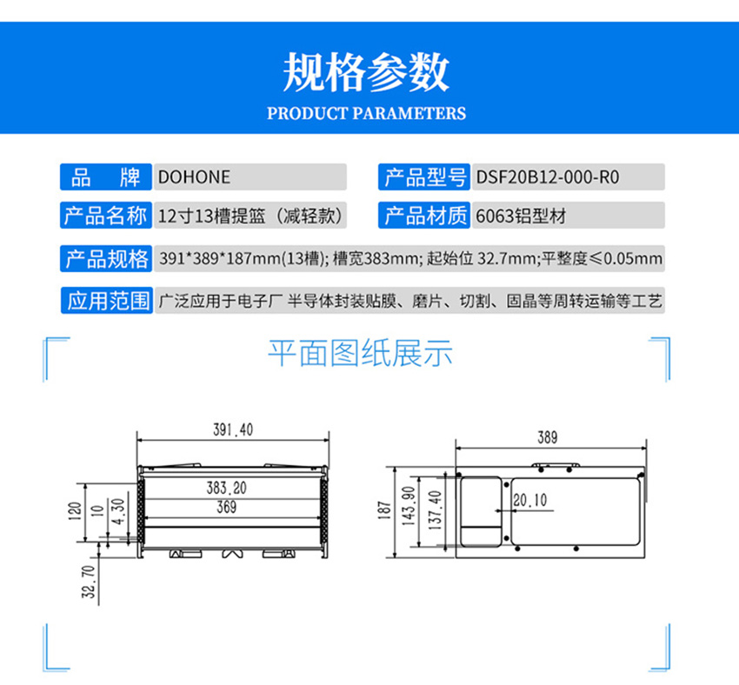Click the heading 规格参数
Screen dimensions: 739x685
pyautogui.click(x=366, y=72)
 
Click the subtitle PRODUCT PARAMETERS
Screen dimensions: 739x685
pyautogui.click(x=366, y=114)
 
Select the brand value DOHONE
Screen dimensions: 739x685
pyautogui.click(x=194, y=177)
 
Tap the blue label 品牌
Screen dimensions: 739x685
pyautogui.click(x=105, y=177)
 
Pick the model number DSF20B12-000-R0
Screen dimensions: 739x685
pyautogui.click(x=548, y=177)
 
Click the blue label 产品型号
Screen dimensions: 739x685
pyautogui.click(x=424, y=177)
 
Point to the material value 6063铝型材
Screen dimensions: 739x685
pyautogui.click(x=521, y=216)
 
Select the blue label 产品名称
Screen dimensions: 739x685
pyautogui.click(x=105, y=216)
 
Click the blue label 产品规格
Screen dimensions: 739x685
pyautogui.click(x=106, y=259)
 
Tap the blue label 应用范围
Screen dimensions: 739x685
pyautogui.click(x=107, y=301)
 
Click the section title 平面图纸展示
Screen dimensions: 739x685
pyautogui.click(x=360, y=353)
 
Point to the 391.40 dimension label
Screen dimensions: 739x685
pyautogui.click(x=233, y=429)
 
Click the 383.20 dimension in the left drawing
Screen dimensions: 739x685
pyautogui.click(x=226, y=488)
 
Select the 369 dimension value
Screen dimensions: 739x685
pyautogui.click(x=226, y=507)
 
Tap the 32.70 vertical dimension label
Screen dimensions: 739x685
pyautogui.click(x=89, y=582)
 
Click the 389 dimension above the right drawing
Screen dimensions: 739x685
pyautogui.click(x=547, y=437)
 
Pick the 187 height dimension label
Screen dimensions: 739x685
pyautogui.click(x=384, y=510)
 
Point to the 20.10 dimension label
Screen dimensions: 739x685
pyautogui.click(x=530, y=501)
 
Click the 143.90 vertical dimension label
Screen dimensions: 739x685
pyautogui.click(x=408, y=506)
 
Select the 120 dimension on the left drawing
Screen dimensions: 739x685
pyautogui.click(x=75, y=511)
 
